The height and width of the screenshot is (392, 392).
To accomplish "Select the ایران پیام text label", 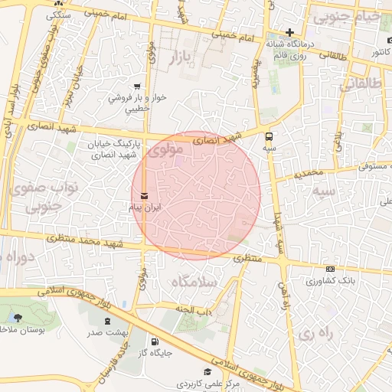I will (145, 207).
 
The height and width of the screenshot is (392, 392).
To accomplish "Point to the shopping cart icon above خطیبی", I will (136, 87).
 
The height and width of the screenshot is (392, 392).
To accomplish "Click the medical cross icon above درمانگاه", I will (289, 32).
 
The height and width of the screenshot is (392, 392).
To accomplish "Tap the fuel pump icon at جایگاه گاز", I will (156, 341).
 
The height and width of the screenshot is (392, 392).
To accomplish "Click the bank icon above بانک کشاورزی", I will (330, 269).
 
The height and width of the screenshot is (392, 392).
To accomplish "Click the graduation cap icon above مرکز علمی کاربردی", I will (208, 371).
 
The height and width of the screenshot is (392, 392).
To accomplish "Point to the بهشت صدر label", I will (104, 332).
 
